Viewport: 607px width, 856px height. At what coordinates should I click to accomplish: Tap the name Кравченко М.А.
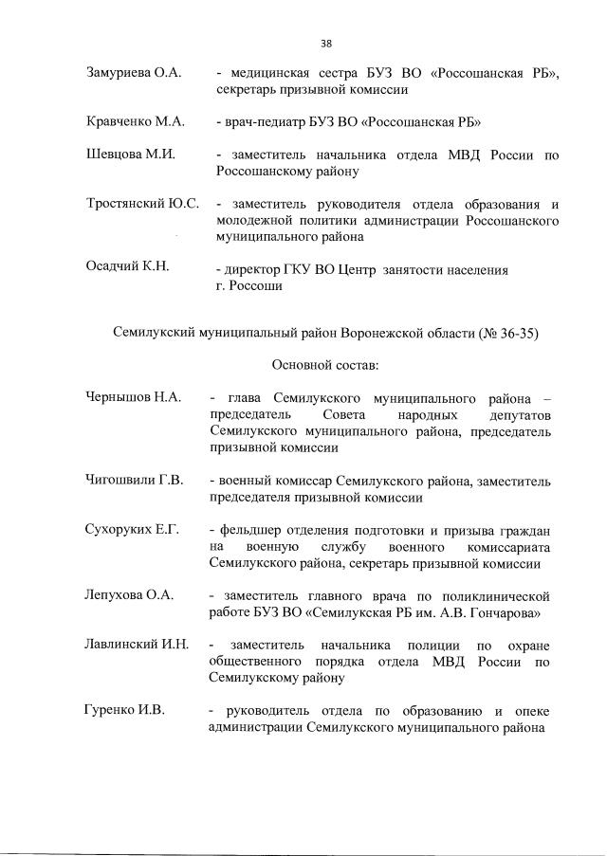[x=134, y=122]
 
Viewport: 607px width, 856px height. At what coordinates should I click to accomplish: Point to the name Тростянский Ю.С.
[x=142, y=204]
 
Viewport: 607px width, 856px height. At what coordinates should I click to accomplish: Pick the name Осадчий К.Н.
[x=127, y=266]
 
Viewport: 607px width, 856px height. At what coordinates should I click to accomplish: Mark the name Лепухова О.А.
[x=130, y=594]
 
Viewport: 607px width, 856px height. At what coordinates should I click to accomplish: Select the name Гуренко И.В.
[x=123, y=710]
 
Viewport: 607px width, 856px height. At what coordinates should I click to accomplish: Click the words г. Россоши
[x=248, y=285]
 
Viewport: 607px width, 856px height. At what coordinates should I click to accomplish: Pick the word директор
[x=254, y=269]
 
